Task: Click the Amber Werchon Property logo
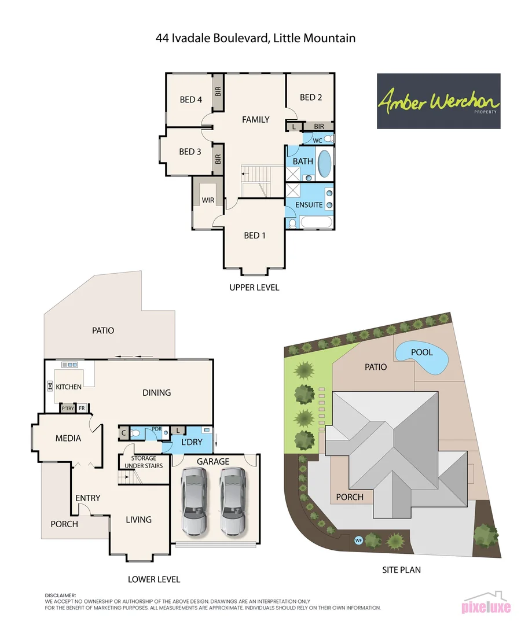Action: coord(438,101)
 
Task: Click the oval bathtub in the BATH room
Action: coord(325,164)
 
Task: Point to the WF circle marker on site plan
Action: coord(358,541)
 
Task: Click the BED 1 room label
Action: coord(255,235)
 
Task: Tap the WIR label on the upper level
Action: coord(208,200)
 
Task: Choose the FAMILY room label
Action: coord(255,120)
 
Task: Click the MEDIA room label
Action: coord(68,438)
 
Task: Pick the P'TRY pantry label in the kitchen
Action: coord(67,408)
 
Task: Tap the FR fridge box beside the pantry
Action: coord(82,408)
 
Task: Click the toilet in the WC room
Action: coord(328,139)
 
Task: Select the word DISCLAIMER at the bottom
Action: coord(60,595)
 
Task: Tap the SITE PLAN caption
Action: coord(401,570)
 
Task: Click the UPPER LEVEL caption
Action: coord(254,288)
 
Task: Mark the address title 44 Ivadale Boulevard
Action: coord(255,39)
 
